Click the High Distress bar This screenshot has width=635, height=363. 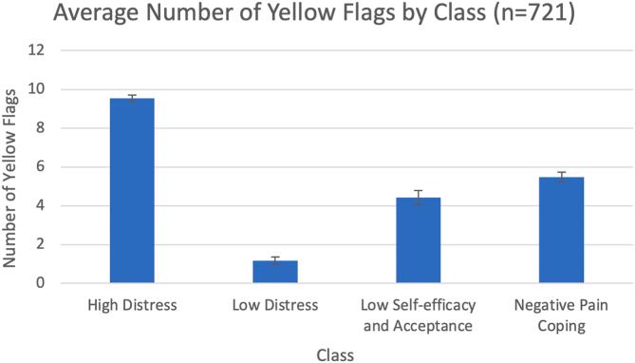132,190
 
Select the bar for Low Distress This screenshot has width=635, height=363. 275,272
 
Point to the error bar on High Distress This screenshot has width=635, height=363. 132,98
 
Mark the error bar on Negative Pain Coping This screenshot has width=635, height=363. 560,177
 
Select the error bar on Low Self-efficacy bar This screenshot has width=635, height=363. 418,198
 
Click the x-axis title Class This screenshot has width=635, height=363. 335,353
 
